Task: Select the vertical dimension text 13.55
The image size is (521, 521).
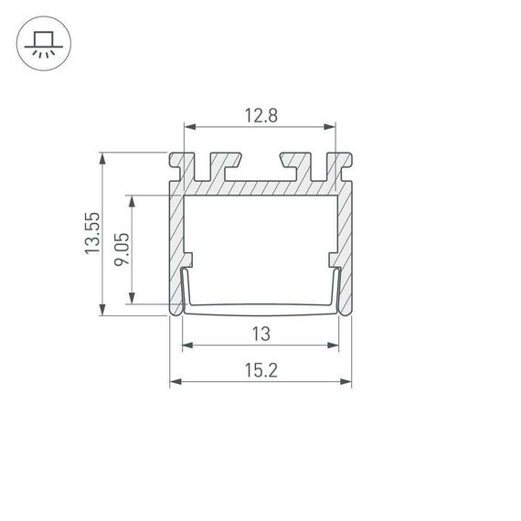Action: point(91,234)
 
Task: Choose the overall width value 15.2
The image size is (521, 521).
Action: point(260,370)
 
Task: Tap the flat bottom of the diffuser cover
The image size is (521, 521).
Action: point(260,308)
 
